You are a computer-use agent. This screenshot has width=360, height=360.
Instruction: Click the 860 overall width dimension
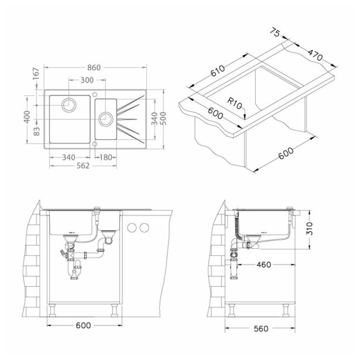94,67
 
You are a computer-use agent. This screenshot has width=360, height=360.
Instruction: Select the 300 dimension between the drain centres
87,80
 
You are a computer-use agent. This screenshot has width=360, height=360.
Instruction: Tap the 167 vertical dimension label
36,74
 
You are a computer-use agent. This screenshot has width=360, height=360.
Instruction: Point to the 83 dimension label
36,131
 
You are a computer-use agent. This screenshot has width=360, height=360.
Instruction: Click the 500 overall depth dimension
163,118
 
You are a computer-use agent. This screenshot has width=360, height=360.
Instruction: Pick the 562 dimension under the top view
83,166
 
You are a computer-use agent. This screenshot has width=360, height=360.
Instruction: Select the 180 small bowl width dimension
106,157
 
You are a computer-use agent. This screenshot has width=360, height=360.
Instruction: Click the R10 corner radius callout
235,103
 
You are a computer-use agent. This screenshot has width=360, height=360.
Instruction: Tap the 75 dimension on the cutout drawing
275,32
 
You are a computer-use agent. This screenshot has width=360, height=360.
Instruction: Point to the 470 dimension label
316,55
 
